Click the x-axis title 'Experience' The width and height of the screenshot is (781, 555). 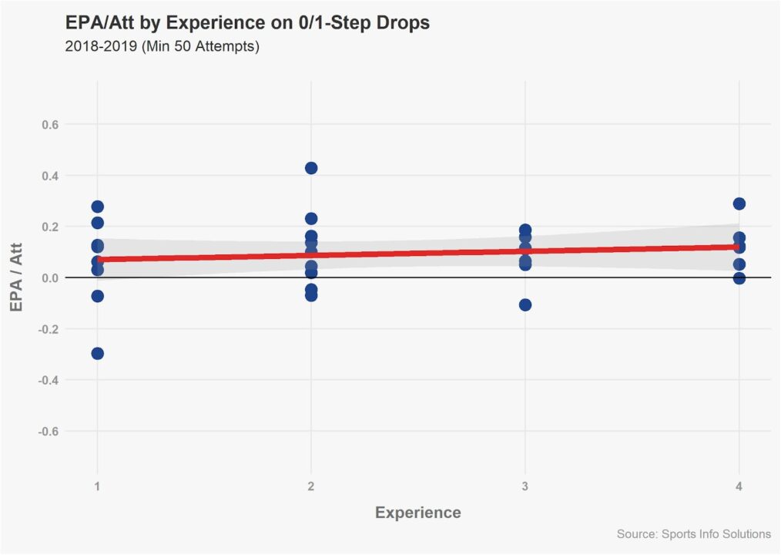pos(417,513)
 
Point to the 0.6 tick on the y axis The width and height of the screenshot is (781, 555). pos(60,124)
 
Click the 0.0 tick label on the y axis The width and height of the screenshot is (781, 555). pos(60,277)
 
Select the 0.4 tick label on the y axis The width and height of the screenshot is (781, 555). pos(60,176)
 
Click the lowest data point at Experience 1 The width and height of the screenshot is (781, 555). pos(97,354)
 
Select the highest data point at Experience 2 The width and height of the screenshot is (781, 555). pos(311,168)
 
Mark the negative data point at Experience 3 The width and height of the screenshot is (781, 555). pos(525,304)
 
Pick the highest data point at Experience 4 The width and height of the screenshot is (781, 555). pos(739,203)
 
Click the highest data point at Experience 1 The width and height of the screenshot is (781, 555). pos(97,207)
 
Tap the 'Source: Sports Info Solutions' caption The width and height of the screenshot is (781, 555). pos(693,533)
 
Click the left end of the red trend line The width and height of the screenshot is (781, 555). pos(100,260)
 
